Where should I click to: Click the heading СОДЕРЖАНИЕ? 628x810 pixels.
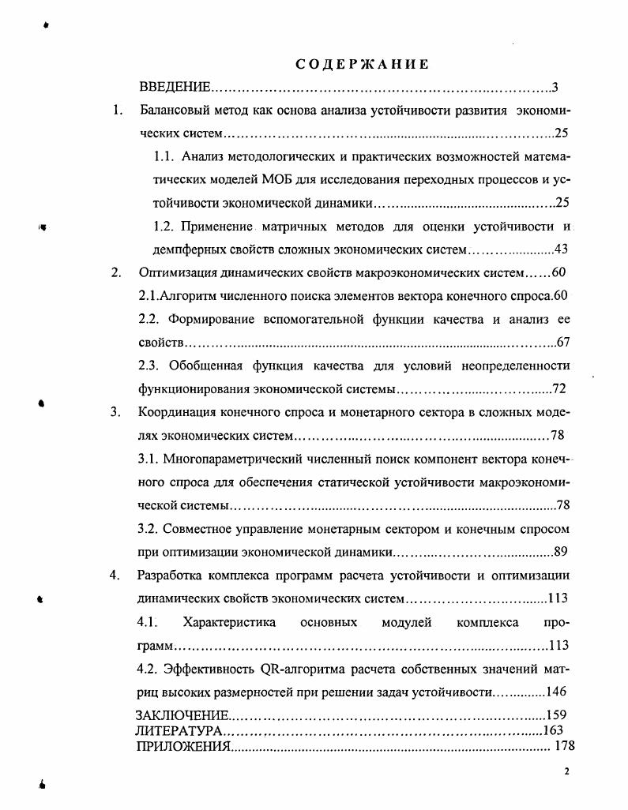point(363,65)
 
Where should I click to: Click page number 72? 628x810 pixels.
point(559,389)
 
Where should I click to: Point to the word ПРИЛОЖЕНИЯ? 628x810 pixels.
point(183,745)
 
